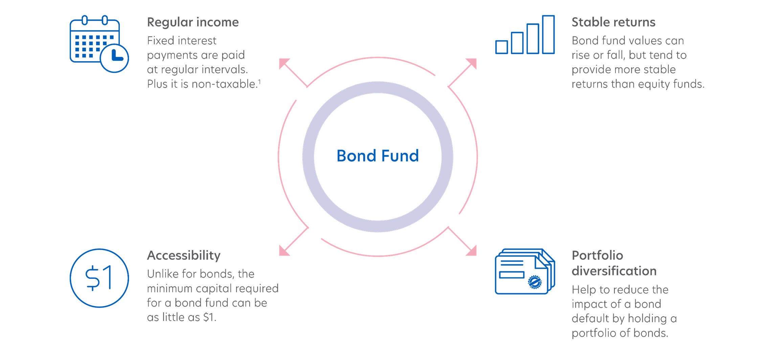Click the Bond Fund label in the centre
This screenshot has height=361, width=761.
(x=378, y=156)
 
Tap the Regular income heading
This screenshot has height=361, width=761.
(x=193, y=22)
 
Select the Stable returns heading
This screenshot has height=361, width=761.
(x=613, y=22)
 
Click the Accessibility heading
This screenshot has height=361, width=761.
(x=184, y=255)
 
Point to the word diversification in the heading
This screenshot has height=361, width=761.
(x=614, y=271)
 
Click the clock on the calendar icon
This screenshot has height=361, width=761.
(x=115, y=58)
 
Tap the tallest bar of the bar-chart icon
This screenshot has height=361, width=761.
(x=548, y=35)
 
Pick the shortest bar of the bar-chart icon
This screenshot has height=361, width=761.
(x=501, y=47)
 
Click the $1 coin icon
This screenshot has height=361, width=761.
(x=99, y=278)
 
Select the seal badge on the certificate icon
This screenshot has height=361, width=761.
(x=535, y=282)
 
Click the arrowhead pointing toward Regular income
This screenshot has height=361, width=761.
(x=284, y=63)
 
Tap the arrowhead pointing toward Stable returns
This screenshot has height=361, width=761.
(x=472, y=63)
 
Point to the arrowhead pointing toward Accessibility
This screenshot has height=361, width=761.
(x=284, y=251)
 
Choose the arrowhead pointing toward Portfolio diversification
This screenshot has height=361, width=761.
(x=472, y=251)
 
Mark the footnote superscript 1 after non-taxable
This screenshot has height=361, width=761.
(x=260, y=81)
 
